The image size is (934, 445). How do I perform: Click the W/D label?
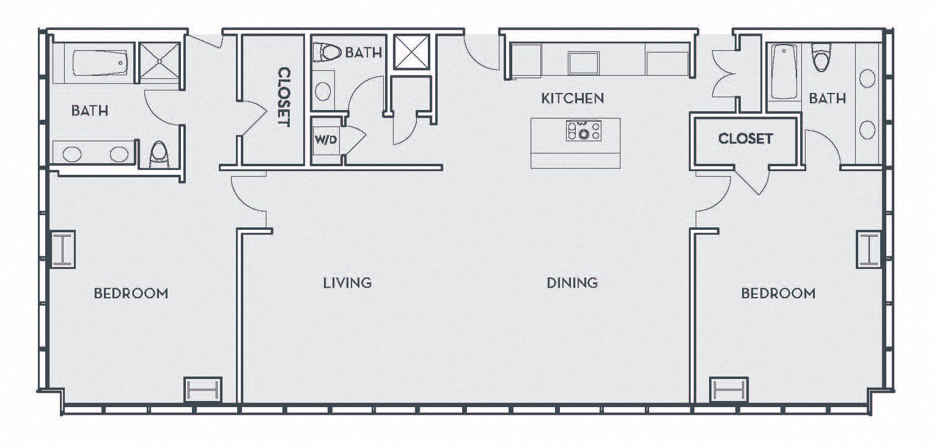coord(326,140)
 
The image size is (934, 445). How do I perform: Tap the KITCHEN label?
coord(573,98)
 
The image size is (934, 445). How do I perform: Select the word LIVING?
coord(347,282)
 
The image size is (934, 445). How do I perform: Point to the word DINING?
coord(572,282)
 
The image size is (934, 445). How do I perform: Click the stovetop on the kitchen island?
coord(584,131)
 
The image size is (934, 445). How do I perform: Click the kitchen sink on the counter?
coord(584,62)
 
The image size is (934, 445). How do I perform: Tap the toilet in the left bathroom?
coord(159,154)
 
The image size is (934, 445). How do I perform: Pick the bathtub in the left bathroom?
coord(100,62)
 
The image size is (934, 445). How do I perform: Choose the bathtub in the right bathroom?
coord(784,72)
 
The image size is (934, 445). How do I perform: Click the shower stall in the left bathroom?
coord(159,61)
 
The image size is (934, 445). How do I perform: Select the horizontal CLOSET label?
coord(745,139)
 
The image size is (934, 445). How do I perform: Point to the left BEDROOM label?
coord(131,293)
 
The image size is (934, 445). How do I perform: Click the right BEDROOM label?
coord(778,293)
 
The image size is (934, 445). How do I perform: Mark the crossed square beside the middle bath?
coord(411,53)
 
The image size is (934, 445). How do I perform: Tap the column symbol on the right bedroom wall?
coord(869,249)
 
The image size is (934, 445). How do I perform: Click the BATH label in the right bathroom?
coord(827,98)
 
